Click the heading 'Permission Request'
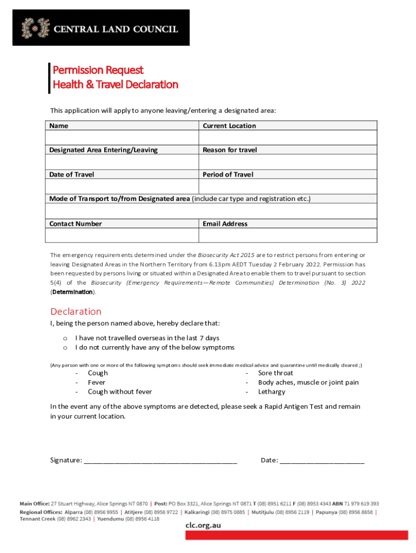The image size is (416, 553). [x=97, y=70]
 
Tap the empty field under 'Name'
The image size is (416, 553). [x=122, y=138]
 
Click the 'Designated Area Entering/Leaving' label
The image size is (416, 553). [x=103, y=150]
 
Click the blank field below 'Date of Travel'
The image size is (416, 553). [x=122, y=186]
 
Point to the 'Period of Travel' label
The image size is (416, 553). [x=227, y=174]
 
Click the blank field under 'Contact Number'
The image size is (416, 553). [x=122, y=235]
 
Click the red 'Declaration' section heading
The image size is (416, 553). [x=76, y=312]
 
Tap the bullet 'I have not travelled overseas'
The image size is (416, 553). [x=147, y=338]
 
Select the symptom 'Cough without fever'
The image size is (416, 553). [x=120, y=392]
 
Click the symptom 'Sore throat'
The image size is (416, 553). [x=276, y=373]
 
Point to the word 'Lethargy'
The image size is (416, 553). [x=272, y=392]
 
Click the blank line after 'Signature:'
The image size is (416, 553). [x=160, y=460]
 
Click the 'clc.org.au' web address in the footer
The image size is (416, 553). [x=203, y=525]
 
